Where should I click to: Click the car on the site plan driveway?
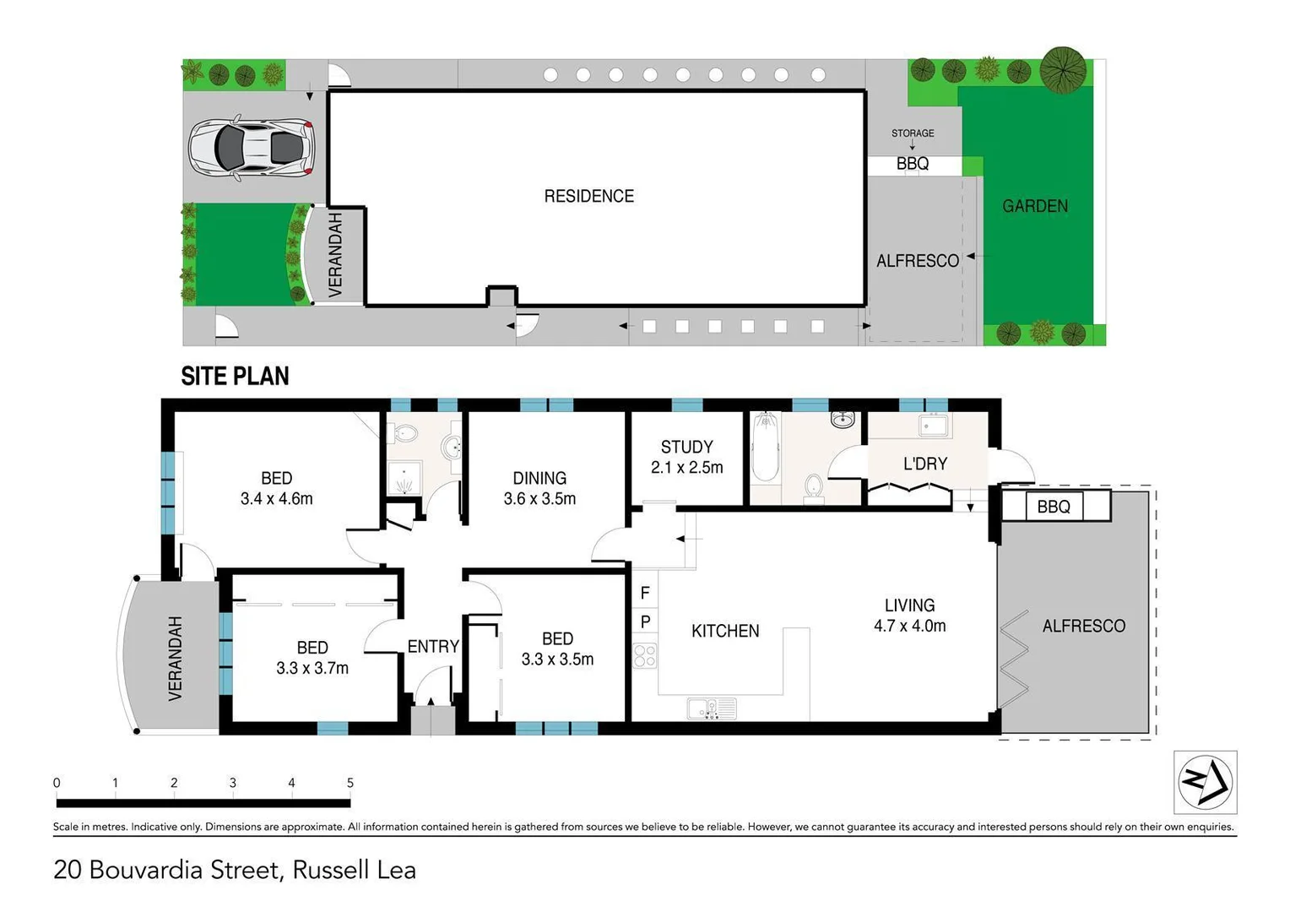click(251, 148)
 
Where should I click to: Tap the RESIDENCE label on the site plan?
click(588, 196)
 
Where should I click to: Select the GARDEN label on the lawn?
click(1034, 206)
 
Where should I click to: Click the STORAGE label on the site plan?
click(913, 133)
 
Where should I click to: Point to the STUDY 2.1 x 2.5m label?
click(686, 457)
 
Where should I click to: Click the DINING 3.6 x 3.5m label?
click(539, 488)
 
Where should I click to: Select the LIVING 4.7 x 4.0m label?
click(909, 616)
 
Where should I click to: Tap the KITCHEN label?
click(724, 631)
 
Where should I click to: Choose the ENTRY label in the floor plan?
click(433, 647)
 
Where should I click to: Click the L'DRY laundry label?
click(925, 464)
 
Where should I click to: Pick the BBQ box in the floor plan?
click(1054, 507)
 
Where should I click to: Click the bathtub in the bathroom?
click(765, 448)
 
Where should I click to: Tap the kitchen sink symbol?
click(712, 708)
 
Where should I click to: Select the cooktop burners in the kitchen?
click(645, 655)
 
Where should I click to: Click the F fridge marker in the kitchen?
click(645, 593)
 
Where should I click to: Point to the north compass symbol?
click(1205, 782)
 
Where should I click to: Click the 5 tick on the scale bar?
click(350, 784)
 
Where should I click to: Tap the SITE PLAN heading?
click(235, 377)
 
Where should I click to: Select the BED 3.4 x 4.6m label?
click(276, 488)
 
